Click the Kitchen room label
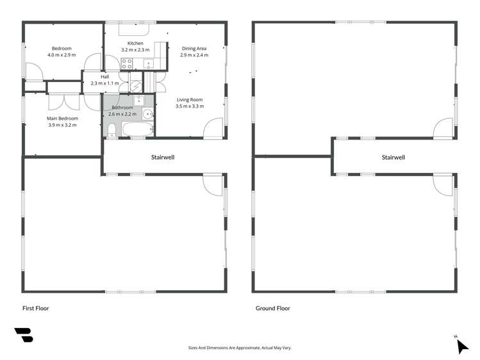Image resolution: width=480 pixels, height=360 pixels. pyautogui.click(x=135, y=43)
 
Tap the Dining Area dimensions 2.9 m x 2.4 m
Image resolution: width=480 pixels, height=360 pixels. pyautogui.click(x=194, y=55)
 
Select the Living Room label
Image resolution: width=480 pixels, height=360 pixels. pyautogui.click(x=190, y=99)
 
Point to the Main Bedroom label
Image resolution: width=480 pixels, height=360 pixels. pyautogui.click(x=62, y=119)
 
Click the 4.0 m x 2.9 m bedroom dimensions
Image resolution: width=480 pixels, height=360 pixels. pyautogui.click(x=62, y=55)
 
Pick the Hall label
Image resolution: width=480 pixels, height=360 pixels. pyautogui.click(x=104, y=77)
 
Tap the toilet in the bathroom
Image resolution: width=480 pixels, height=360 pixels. pyautogui.click(x=112, y=131)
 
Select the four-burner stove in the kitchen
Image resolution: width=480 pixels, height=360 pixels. pyautogui.click(x=127, y=63)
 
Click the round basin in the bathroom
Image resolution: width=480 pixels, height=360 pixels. pyautogui.click(x=147, y=114)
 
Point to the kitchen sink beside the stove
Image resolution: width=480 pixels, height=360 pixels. pyautogui.click(x=147, y=63)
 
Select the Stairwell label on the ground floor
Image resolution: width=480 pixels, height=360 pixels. pyautogui.click(x=393, y=157)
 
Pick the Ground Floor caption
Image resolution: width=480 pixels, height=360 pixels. pyautogui.click(x=273, y=308)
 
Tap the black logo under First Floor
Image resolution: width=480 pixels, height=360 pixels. pyautogui.click(x=24, y=335)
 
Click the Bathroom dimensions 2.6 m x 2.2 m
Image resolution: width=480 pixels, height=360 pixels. pyautogui.click(x=123, y=113)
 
